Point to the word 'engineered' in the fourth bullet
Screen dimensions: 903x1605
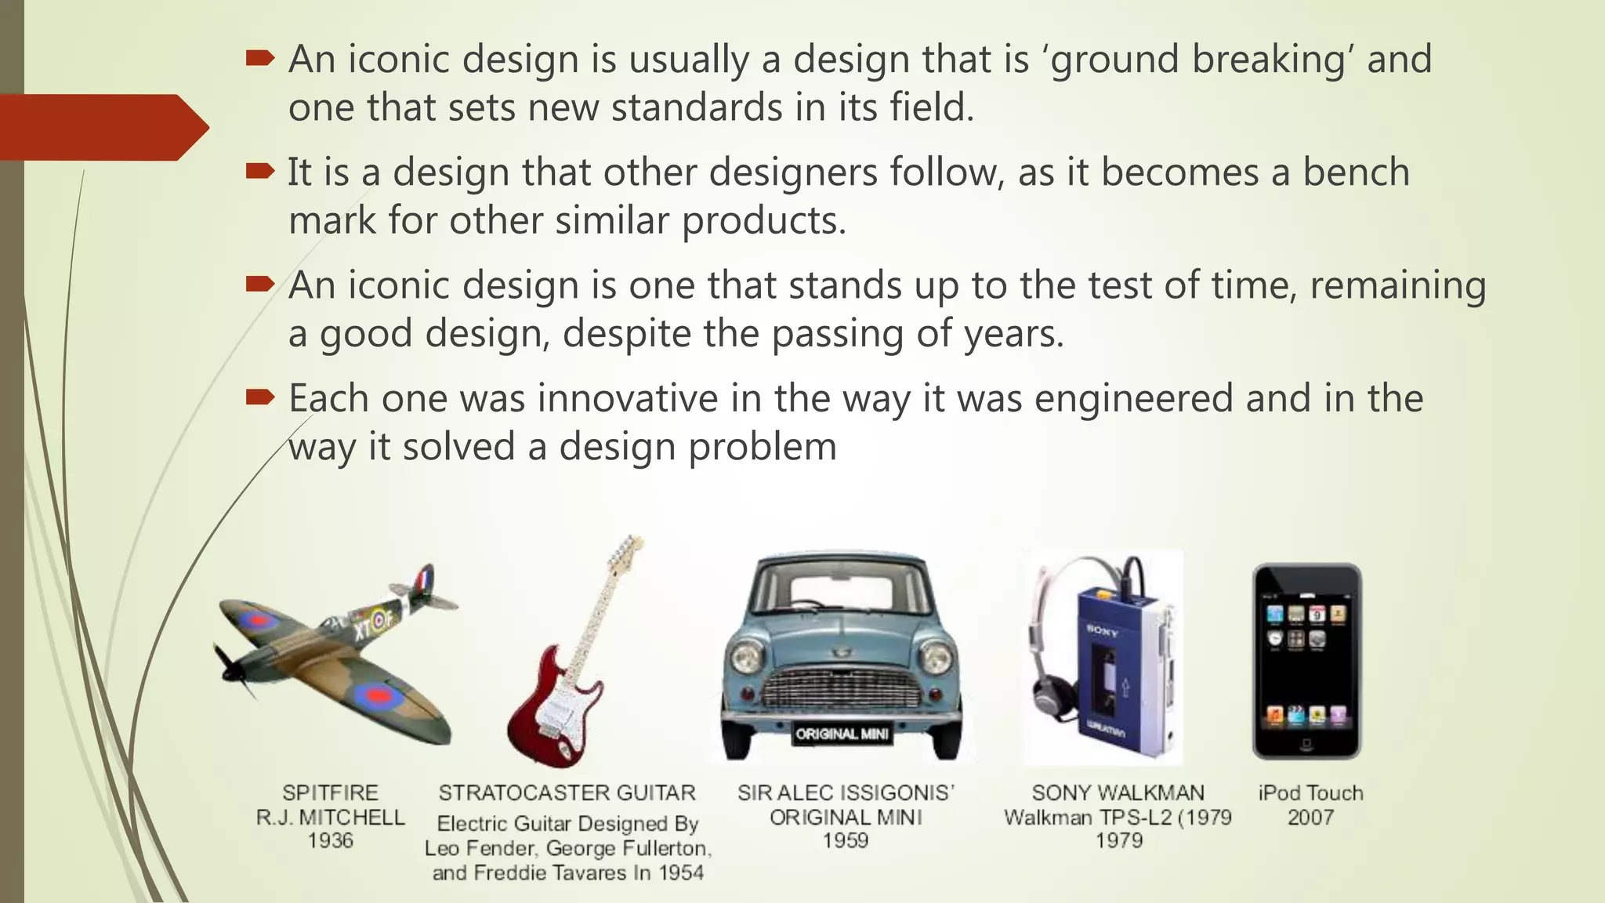(1133, 398)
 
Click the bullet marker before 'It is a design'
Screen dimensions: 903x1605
(259, 170)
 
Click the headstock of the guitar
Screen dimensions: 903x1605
(627, 548)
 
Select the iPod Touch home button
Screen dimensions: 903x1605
(1306, 743)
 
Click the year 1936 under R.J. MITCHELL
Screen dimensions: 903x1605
(330, 841)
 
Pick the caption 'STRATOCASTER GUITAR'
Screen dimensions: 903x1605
(567, 793)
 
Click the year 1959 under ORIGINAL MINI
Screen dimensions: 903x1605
(845, 841)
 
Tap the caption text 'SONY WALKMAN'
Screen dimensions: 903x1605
(1118, 793)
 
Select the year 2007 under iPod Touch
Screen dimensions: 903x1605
(1310, 818)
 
